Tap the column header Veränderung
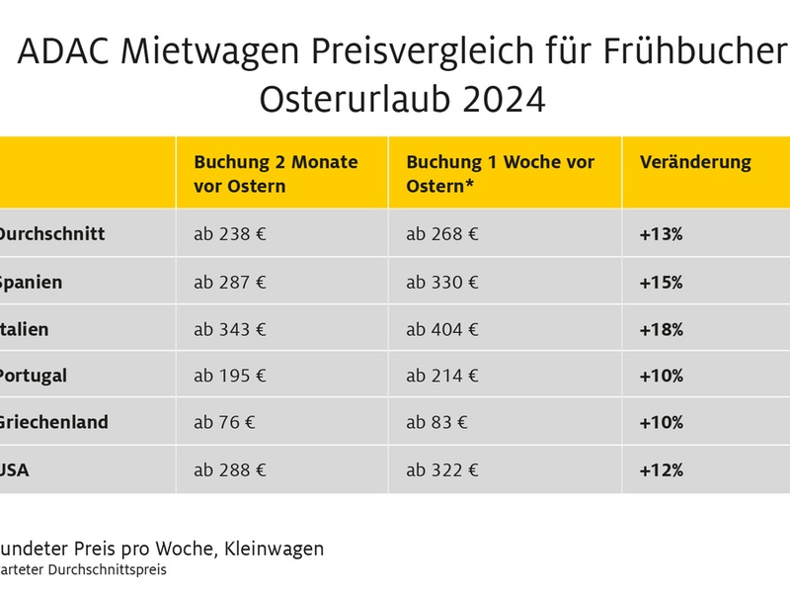coord(695,162)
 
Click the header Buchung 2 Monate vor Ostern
coord(276,174)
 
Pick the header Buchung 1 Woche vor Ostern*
coord(500,174)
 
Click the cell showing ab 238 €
coord(229,235)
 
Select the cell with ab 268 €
coord(442,235)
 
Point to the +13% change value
coord(661,235)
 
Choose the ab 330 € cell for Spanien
coord(442,283)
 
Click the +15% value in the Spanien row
coord(661,283)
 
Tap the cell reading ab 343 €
coord(229,329)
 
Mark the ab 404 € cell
coord(442,329)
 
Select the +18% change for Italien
coord(661,329)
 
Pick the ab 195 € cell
coord(229,377)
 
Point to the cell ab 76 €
coord(224,423)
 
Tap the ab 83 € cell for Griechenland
coord(437,423)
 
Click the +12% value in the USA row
coord(661,470)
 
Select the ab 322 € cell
coord(442,470)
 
